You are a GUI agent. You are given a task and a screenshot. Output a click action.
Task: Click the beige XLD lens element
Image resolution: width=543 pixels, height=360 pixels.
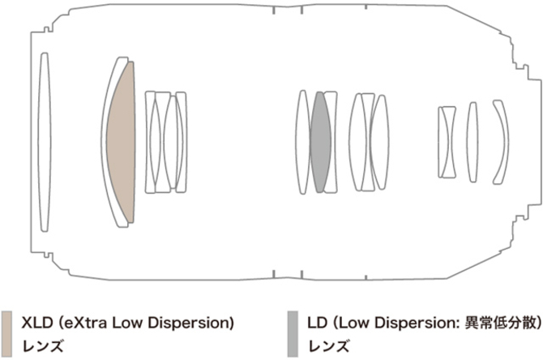(x=122, y=142)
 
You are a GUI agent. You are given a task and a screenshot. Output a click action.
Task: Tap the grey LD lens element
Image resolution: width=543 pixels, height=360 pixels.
(x=320, y=142)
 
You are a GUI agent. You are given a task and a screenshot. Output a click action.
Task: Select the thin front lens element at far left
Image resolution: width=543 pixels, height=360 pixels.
(x=44, y=142)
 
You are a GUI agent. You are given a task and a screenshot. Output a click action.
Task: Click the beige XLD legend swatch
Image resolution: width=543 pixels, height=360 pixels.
(x=6, y=334)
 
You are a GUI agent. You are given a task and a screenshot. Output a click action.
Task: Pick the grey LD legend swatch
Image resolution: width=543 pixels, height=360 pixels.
(x=293, y=334)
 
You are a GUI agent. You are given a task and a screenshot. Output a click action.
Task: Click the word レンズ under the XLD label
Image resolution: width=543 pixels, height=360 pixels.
(x=43, y=346)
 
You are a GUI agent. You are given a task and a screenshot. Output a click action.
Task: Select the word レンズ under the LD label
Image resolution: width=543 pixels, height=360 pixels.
(x=329, y=346)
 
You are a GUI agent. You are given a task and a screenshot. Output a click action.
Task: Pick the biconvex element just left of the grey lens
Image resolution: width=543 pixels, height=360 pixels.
(x=303, y=142)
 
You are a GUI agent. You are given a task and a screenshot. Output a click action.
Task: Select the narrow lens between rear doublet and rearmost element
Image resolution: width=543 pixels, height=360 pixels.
(x=472, y=142)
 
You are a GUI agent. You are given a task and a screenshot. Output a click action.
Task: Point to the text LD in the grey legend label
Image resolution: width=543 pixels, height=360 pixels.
(x=317, y=323)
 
